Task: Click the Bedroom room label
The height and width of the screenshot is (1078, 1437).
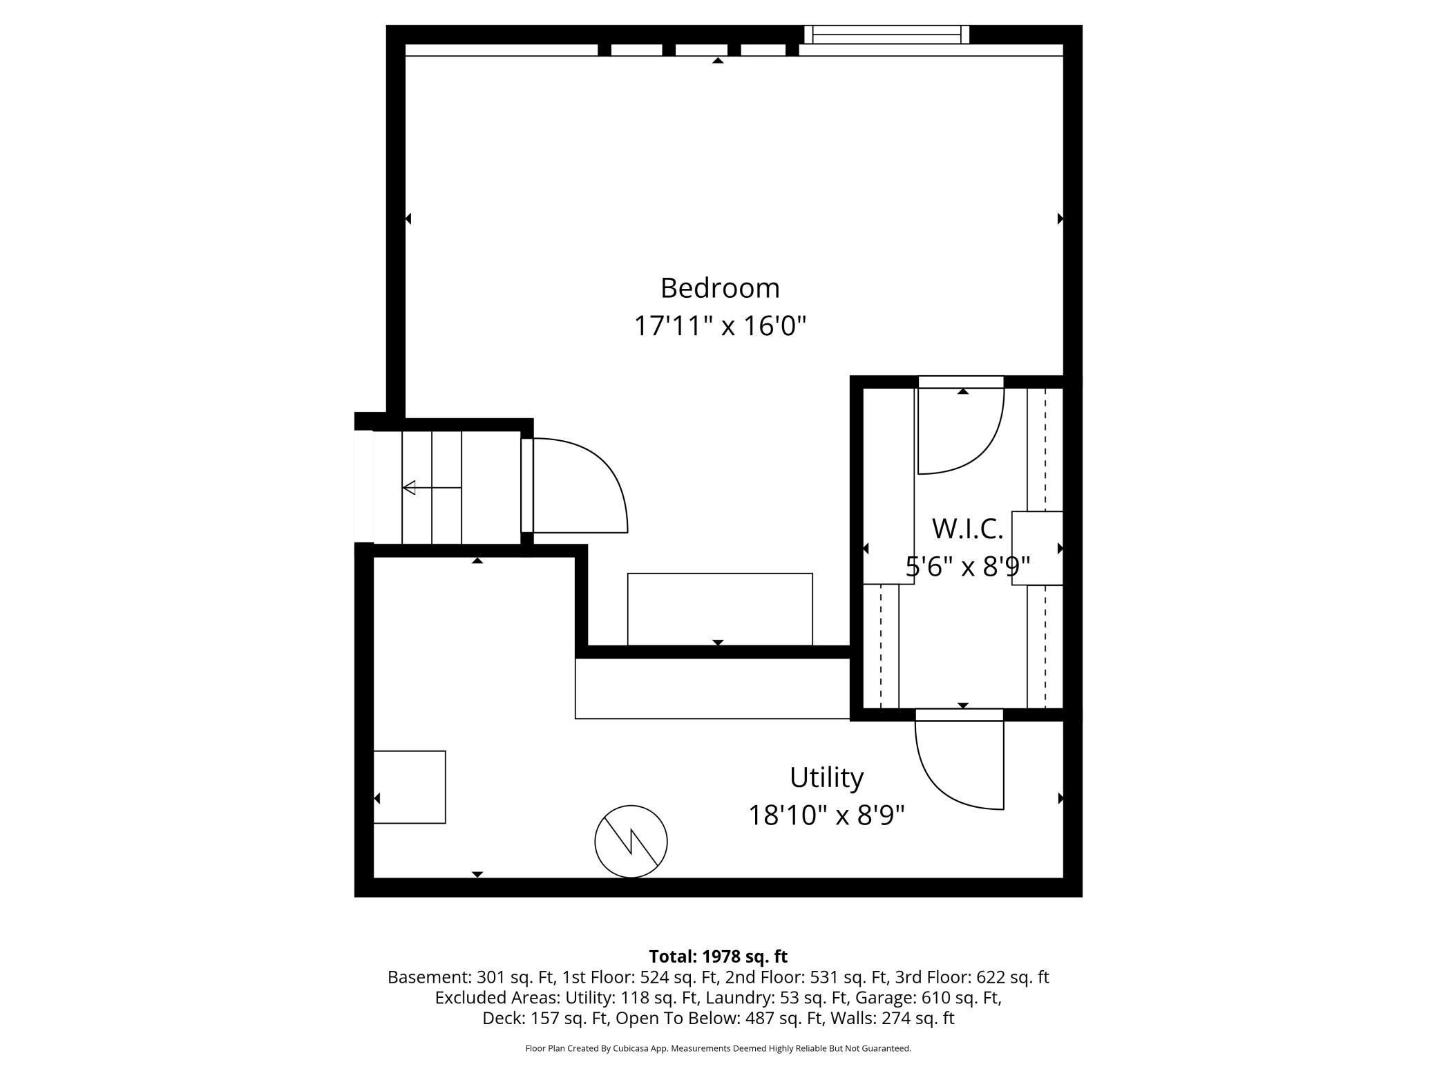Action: pos(720,288)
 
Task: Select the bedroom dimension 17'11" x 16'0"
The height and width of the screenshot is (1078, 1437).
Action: pos(720,325)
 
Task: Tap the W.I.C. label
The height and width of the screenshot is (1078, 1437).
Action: pos(967,529)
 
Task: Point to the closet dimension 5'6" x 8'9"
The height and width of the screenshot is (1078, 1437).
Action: pos(967,567)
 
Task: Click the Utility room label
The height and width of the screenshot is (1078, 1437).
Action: pos(826,777)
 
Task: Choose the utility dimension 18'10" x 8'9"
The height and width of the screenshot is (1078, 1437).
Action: pos(826,815)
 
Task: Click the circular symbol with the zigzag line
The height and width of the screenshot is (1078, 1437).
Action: pos(631,841)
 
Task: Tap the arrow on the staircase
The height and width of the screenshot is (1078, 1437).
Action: pos(432,488)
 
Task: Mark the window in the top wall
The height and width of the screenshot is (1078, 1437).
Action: pos(886,34)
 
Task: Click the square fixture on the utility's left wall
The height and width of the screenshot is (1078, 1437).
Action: pos(410,787)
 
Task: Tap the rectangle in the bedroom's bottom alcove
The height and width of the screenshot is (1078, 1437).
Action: pos(720,609)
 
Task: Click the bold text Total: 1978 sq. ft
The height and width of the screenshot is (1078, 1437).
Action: pos(718,956)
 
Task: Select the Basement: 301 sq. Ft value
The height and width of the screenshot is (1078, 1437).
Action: pos(471,977)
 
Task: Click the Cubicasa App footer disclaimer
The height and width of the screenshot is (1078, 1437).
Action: pos(718,1048)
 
